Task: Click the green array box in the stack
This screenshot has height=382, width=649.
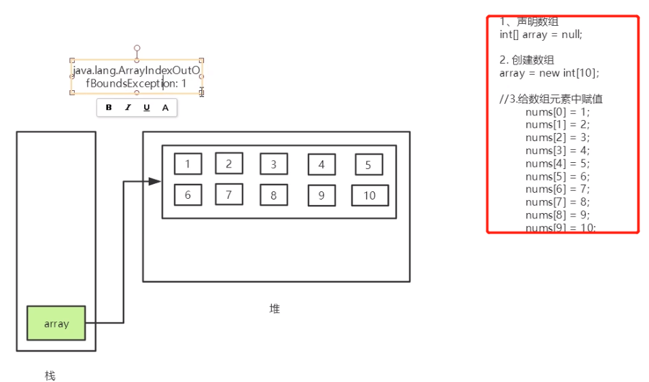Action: tap(56, 323)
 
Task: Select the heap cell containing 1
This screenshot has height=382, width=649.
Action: tap(188, 164)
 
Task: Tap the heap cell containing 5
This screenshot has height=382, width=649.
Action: tap(368, 164)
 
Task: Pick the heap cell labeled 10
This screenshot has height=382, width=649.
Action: tap(370, 195)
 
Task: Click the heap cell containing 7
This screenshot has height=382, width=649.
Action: tap(229, 195)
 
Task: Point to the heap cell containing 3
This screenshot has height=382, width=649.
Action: tap(273, 164)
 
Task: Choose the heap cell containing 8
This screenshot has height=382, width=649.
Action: tap(273, 195)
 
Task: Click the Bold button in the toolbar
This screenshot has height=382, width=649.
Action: tap(109, 107)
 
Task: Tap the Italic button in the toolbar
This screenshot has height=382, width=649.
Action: tap(128, 107)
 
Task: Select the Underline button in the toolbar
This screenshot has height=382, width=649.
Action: tap(147, 107)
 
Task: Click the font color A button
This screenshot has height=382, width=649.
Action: tap(165, 107)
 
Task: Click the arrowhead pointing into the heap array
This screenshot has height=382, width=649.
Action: tap(155, 181)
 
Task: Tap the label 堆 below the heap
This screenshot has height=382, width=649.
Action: tap(275, 309)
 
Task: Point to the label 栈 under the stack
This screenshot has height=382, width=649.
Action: tap(50, 375)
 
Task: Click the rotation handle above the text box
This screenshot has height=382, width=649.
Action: tap(137, 48)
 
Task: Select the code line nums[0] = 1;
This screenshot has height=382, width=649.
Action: tap(557, 112)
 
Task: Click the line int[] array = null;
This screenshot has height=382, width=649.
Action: tap(541, 35)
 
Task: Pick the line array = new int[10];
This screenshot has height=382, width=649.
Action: tap(549, 73)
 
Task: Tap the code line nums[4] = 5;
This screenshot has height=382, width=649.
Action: tap(557, 164)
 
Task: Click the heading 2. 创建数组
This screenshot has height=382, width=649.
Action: tap(527, 60)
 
